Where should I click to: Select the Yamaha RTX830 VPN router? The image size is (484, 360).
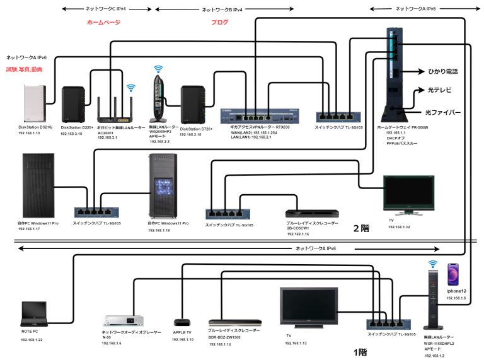[x=260, y=115]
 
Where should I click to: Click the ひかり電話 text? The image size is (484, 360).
[x=444, y=73]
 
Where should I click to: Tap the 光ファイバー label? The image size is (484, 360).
[x=442, y=112]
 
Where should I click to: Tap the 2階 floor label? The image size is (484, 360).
[x=361, y=228]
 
